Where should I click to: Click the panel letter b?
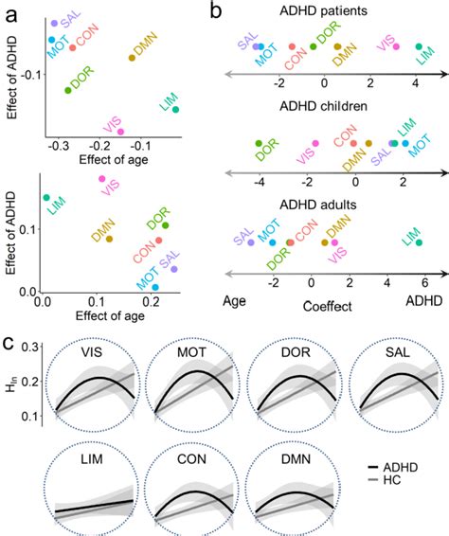point(216,10)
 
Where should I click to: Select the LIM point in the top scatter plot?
point(176,110)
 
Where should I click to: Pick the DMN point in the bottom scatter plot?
point(109,239)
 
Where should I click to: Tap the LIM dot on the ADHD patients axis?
point(419,45)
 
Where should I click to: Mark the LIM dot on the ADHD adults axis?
point(418,242)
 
